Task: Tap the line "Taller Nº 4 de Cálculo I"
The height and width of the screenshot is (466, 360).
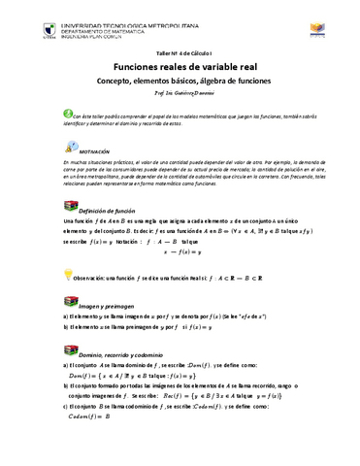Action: point(180,49)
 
